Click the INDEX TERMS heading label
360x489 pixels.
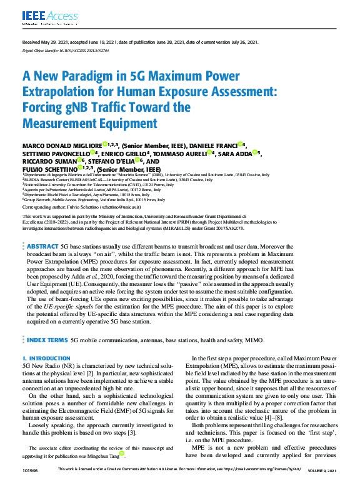(47, 340)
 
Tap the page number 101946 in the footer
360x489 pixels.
(31, 471)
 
